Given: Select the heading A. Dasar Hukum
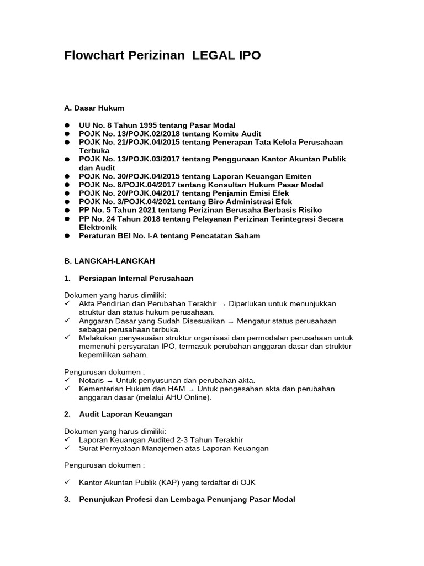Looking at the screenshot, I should click(x=94, y=108).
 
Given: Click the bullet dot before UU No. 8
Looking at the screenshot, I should click(x=67, y=125).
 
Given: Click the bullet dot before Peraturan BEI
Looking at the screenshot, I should click(x=67, y=236).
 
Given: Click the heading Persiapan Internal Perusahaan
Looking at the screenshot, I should click(x=136, y=279).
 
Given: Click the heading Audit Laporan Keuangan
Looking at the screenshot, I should click(x=126, y=414).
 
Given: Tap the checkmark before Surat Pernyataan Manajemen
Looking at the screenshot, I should click(x=67, y=448).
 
